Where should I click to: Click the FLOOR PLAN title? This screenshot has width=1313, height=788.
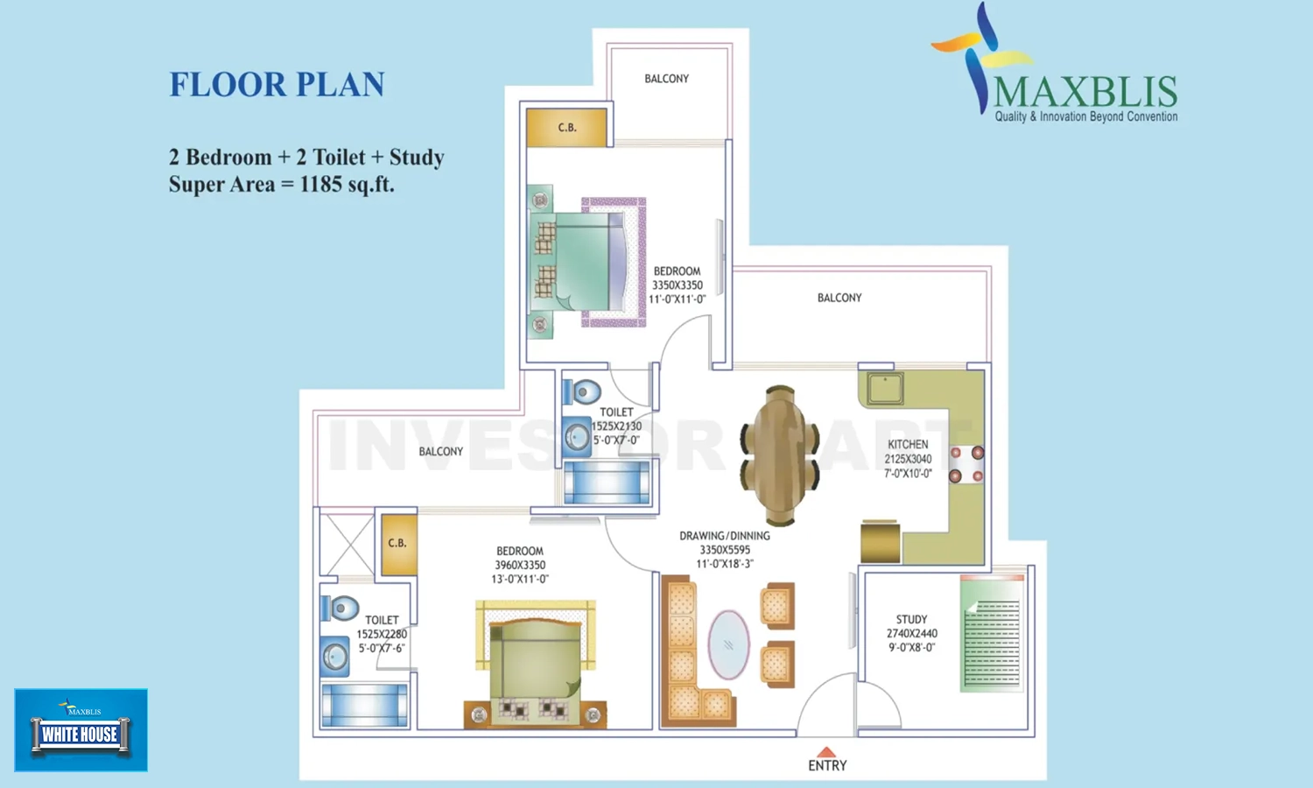point(277,85)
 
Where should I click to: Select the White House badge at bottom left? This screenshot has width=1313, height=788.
point(81,730)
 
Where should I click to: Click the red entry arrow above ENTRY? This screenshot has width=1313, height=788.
point(826,752)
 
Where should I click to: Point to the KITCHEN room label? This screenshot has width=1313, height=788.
point(908,445)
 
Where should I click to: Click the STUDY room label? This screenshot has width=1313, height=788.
point(911,619)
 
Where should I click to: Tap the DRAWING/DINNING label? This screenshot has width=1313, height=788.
point(725,536)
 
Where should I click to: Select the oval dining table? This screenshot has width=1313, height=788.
point(779,455)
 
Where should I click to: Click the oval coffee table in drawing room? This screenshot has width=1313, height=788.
point(728,644)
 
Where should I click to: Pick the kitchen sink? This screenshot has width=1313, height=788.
point(885,388)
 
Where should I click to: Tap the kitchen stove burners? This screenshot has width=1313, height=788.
point(966,465)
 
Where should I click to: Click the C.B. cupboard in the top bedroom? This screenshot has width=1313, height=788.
point(566,128)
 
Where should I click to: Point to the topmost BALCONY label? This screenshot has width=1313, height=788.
point(666,79)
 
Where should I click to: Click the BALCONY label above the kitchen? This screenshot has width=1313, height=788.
point(839,298)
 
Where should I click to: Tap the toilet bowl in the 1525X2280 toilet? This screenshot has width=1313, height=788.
point(341,608)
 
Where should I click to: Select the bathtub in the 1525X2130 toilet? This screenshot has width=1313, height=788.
point(607,482)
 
